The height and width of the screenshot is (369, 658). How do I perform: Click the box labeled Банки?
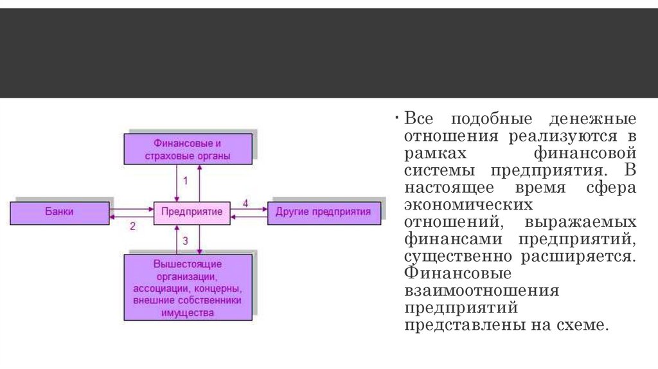[x=60, y=212]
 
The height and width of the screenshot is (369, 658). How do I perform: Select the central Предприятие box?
[x=191, y=212]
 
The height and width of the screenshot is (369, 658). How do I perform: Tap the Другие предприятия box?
[x=323, y=212]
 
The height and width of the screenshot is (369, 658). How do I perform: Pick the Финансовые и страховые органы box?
[x=188, y=149]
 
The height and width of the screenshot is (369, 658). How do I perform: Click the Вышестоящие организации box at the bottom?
[x=188, y=287]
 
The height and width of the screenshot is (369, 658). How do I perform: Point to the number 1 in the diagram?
[x=186, y=181]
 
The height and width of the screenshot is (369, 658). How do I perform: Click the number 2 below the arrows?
[x=132, y=226]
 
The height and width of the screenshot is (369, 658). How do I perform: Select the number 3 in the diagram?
[x=186, y=242]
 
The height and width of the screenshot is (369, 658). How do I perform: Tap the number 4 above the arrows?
[x=245, y=203]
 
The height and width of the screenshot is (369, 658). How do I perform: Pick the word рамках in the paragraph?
[x=436, y=154]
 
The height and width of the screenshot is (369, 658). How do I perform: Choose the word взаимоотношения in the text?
[x=481, y=291]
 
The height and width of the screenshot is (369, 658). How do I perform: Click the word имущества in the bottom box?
[x=188, y=312]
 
